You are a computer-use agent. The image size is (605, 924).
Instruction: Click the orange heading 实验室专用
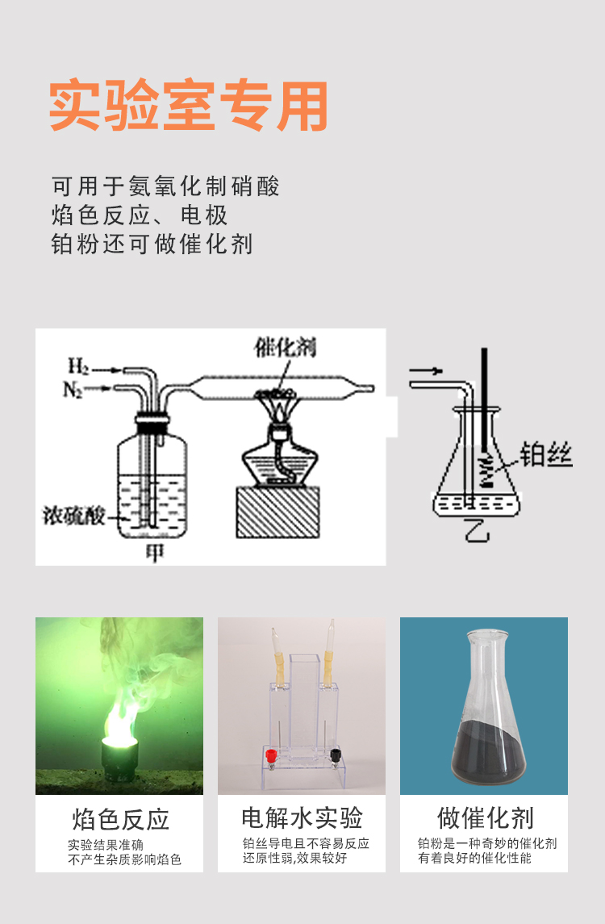pos(188,106)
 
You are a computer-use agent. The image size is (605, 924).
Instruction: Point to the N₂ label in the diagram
pos(73,390)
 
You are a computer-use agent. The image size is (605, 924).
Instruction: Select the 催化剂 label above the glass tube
pos(285,347)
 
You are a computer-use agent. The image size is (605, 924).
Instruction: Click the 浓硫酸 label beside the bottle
pos(73,516)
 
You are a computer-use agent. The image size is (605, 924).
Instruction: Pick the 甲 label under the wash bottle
pos(154,552)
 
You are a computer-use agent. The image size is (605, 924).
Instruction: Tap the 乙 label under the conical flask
pos(477,529)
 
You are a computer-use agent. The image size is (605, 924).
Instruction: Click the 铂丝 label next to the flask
pos(546,455)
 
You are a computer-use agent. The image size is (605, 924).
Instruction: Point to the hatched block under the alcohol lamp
pos(278,512)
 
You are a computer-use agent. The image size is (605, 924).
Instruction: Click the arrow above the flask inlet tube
pos(425,370)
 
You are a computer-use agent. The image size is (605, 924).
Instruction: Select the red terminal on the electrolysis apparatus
pos(270,755)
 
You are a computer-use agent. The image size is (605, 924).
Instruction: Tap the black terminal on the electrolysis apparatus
pos(336,755)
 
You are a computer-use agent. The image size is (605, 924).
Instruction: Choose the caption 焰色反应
pos(121,819)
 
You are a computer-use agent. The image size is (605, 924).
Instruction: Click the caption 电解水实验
pos(302,818)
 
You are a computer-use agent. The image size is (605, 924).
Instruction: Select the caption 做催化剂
pos(486,818)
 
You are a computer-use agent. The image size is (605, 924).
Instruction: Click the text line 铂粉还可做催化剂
pos(152,244)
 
